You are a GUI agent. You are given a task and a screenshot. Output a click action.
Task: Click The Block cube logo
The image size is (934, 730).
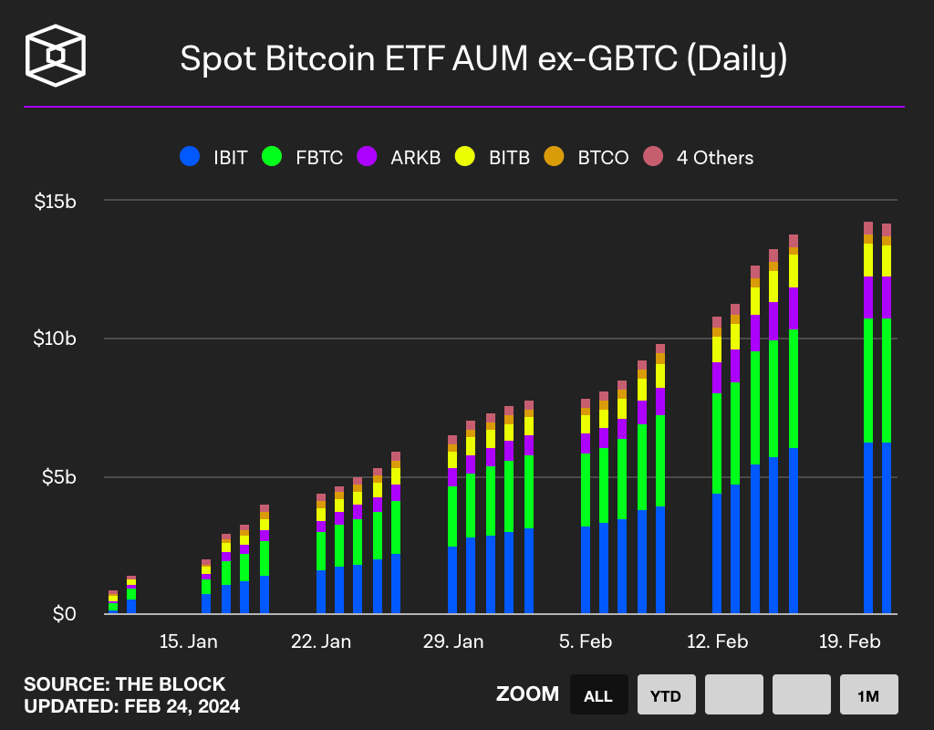click(56, 56)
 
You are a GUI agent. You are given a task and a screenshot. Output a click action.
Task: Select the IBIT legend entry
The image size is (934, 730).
click(213, 157)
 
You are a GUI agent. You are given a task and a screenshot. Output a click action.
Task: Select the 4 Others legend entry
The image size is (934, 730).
click(699, 157)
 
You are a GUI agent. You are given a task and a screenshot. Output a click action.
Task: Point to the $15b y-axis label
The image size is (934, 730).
click(57, 201)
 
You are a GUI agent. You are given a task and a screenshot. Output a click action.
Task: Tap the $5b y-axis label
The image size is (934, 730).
click(60, 477)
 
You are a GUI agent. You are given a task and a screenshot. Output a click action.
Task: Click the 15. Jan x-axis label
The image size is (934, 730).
click(188, 641)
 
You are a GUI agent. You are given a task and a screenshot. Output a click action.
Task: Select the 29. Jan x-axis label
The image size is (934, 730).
click(453, 641)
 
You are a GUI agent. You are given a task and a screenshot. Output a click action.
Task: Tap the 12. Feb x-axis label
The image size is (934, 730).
click(717, 641)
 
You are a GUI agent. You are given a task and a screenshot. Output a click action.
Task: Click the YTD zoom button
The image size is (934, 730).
click(667, 695)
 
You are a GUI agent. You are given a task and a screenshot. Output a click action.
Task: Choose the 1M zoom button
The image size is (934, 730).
click(868, 695)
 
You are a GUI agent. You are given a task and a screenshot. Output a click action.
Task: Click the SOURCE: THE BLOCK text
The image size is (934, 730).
click(124, 684)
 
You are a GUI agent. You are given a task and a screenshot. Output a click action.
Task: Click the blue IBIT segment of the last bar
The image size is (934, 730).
click(886, 529)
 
